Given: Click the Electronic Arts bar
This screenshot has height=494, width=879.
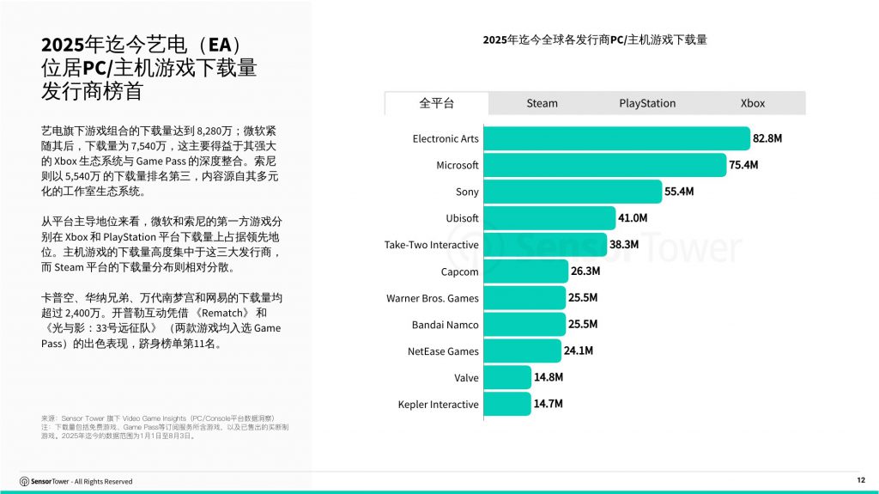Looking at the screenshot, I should [616, 138].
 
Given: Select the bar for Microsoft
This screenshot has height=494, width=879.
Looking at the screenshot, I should [604, 165].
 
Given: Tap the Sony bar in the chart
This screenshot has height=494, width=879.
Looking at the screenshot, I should [573, 192].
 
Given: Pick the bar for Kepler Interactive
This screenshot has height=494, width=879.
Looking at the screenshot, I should [507, 404].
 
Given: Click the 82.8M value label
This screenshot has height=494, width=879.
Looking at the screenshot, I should [767, 138].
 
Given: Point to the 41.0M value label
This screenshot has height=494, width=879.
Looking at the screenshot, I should [633, 218].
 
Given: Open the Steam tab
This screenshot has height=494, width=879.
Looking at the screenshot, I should [542, 103].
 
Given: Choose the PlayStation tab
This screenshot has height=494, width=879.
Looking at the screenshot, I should [647, 103].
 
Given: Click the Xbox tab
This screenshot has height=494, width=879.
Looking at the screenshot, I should [753, 103].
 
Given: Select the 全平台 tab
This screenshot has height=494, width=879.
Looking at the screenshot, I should [436, 103].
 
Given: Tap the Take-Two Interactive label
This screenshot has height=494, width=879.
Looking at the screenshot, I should [431, 245].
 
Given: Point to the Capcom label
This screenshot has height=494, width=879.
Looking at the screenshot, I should [459, 271].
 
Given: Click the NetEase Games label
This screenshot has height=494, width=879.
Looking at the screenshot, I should [443, 351].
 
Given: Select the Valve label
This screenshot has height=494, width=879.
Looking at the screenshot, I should [466, 378].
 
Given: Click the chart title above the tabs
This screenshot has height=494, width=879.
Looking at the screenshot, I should [595, 40].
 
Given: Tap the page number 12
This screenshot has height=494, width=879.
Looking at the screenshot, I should [860, 479].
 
